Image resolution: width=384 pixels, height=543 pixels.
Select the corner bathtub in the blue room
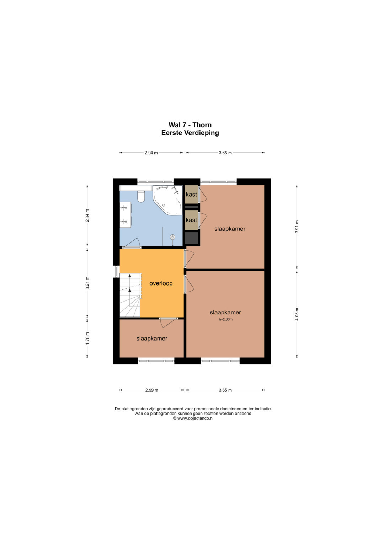pos(168,200)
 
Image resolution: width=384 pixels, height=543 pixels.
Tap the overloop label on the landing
pos(161,283)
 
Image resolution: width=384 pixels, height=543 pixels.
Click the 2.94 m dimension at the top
pos(151,153)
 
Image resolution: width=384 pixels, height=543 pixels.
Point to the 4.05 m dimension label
pos(297,314)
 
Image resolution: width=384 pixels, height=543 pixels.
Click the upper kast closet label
pos(191,195)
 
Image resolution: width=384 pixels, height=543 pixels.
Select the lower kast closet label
pos(191,220)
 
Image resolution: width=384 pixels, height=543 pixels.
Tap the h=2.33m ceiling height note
pos(225,319)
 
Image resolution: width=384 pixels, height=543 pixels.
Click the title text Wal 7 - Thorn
pos(190,125)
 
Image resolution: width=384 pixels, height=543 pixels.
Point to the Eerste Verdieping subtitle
pos(190,133)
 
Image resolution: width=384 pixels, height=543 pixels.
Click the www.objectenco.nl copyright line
pos(193,418)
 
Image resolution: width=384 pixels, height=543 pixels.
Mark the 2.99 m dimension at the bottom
pos(152,390)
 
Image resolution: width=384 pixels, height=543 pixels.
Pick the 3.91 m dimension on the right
pos(297,227)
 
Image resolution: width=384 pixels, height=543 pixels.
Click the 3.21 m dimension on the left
pos(87,283)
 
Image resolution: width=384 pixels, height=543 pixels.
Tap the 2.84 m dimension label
pos(87,215)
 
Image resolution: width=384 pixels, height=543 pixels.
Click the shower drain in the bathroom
pos(172,237)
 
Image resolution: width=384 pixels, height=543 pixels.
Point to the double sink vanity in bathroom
pos(125,214)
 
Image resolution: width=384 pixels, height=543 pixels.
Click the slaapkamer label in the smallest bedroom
pos(152,339)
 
